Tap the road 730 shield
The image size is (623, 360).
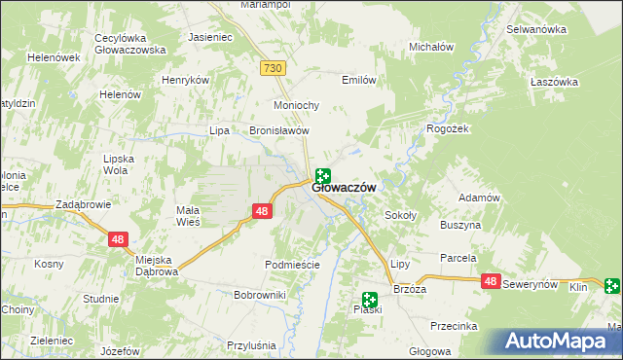274,67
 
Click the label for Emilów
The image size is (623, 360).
358,81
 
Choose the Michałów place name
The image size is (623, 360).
431,47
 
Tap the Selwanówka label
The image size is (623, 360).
536,29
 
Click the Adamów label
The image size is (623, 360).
479,198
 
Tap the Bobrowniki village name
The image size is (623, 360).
259,294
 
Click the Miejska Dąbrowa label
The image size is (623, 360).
142,266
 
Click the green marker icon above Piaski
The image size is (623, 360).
370,300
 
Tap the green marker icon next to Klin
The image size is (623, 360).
612,286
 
